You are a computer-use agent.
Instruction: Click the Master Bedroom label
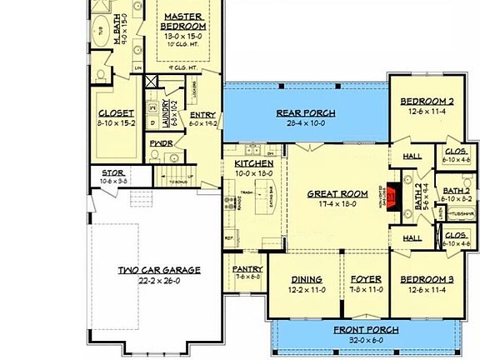184,21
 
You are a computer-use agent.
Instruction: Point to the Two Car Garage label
159,270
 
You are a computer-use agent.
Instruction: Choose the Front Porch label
366,330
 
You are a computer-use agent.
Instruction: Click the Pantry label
247,269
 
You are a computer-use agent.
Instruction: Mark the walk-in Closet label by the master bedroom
115,114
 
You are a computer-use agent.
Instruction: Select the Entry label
202,115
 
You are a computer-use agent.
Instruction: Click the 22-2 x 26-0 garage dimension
159,281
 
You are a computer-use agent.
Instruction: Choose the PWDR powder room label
161,142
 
